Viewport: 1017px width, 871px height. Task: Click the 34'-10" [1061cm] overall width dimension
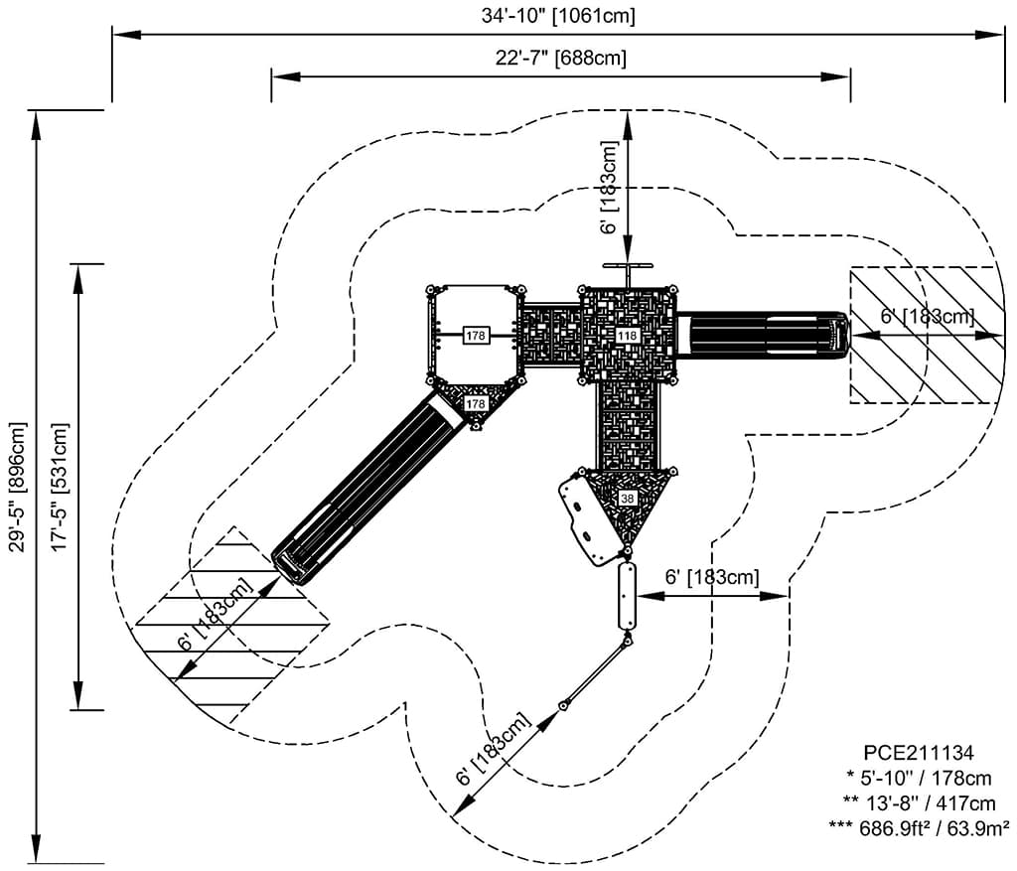(558, 16)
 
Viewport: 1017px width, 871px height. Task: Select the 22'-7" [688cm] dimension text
(561, 58)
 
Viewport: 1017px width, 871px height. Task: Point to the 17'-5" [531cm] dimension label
(60, 488)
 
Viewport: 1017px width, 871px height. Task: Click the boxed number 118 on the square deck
(628, 336)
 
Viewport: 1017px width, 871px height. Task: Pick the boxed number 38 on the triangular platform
(628, 499)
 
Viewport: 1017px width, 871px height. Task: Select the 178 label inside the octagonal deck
(476, 336)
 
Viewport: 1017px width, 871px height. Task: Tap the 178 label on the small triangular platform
(476, 403)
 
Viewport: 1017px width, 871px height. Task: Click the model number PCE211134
(919, 752)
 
